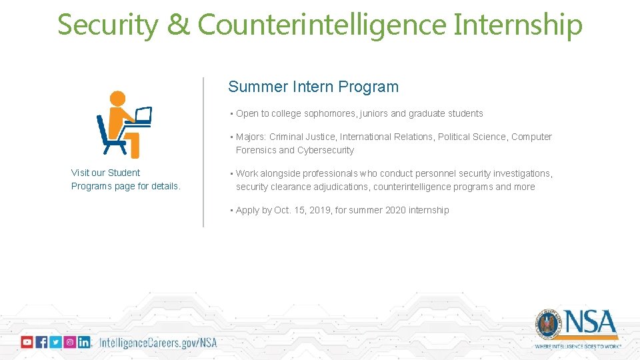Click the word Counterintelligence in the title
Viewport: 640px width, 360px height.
(x=321, y=25)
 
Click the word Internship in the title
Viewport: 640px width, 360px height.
(x=518, y=25)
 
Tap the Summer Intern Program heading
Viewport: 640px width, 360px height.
(x=313, y=87)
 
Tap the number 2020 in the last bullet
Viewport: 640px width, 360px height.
(x=397, y=210)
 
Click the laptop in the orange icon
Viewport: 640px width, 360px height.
(x=143, y=116)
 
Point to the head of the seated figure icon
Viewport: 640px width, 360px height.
(x=117, y=99)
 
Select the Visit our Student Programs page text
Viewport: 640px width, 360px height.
(x=125, y=179)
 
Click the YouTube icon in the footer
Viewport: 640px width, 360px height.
(x=27, y=342)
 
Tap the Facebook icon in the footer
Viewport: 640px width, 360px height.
(x=41, y=342)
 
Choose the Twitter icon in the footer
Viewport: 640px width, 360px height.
(x=55, y=342)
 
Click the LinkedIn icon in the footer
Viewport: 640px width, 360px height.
(x=84, y=342)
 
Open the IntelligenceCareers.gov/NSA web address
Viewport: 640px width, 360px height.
(x=158, y=343)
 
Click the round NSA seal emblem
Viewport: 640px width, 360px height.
(x=548, y=325)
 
